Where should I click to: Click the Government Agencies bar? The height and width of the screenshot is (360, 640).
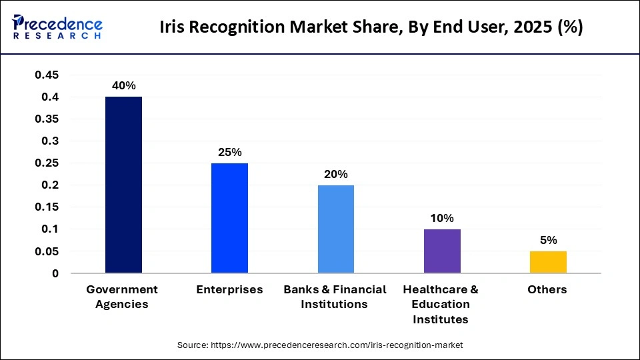pos(123,185)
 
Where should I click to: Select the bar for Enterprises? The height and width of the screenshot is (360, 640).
pos(229,218)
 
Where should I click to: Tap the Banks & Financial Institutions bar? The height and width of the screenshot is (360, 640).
pos(335,229)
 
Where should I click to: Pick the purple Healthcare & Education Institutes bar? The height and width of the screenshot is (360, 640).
pos(442,251)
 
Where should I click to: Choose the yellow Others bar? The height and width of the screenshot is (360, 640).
pos(548,262)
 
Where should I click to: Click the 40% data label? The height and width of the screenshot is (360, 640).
pos(124,85)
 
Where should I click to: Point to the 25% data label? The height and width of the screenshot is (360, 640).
pos(229,152)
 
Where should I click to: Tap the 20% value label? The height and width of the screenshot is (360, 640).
pos(335,174)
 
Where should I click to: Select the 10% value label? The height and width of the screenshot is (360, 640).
pos(442,218)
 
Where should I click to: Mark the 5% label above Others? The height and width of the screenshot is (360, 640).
pos(548,240)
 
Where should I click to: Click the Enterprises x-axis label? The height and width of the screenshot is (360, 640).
pos(229,289)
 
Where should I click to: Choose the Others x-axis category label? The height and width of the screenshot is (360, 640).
pos(547,289)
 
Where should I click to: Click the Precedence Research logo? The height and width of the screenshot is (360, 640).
pos(57,27)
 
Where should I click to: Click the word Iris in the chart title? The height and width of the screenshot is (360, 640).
pos(173,28)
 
